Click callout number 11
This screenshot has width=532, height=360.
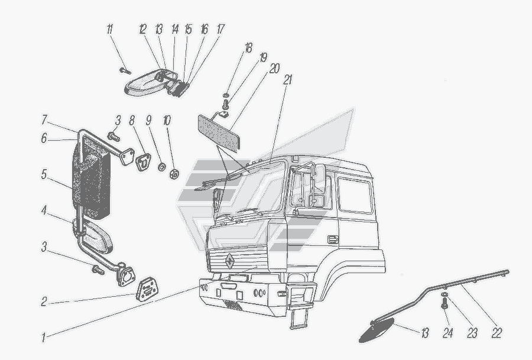[109, 29]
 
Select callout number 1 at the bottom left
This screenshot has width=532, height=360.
[43, 339]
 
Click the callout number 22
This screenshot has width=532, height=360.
[497, 334]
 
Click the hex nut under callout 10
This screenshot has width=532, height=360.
[174, 174]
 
